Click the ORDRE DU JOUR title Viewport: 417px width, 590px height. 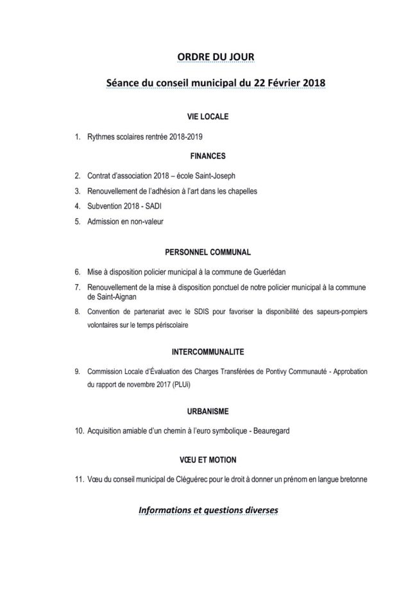tap(216, 57)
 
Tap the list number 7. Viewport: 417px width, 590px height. tap(77, 287)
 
